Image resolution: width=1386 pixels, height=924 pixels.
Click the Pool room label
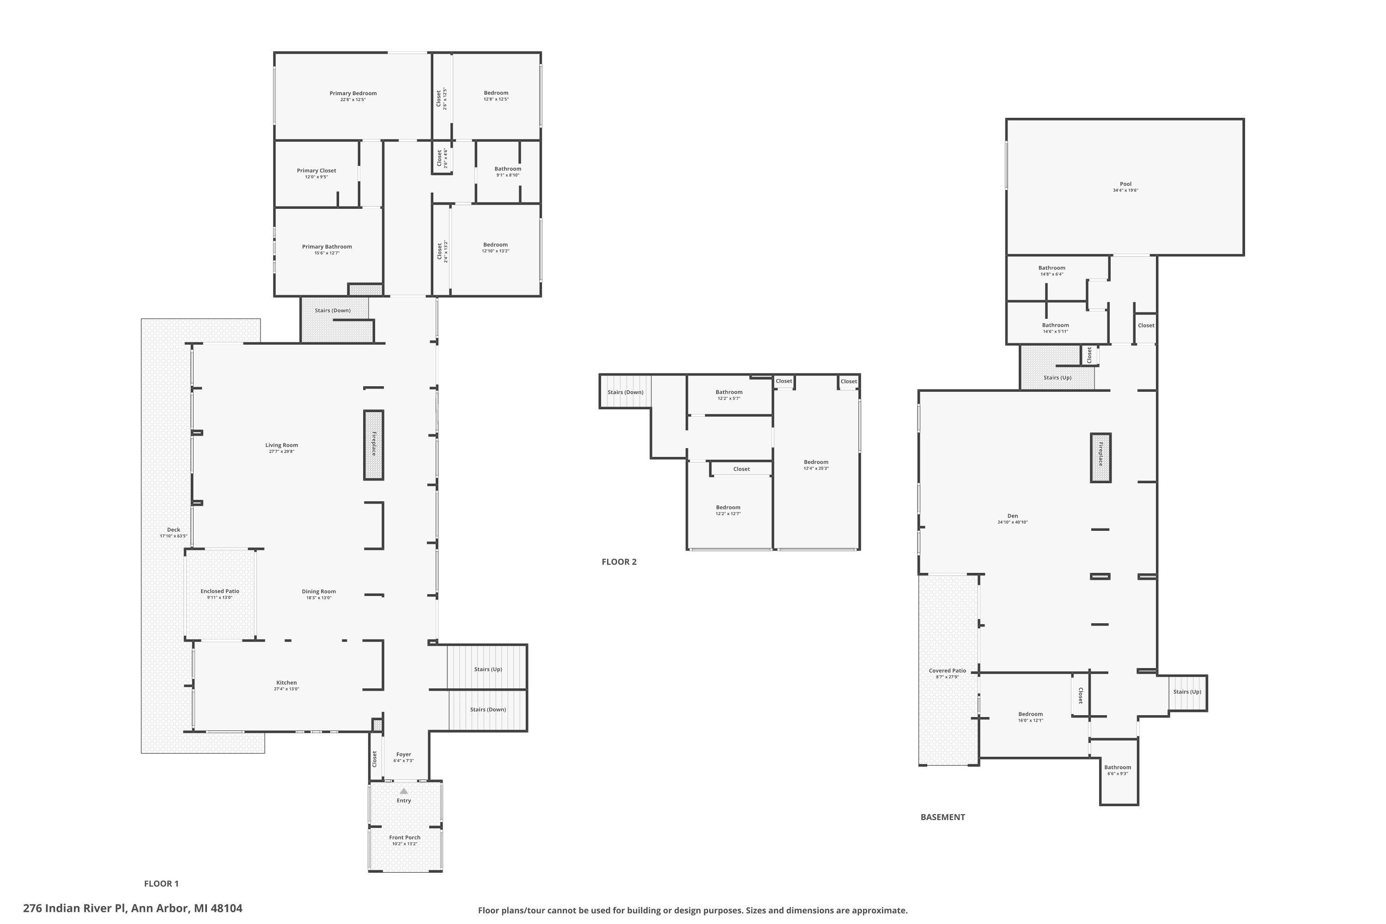tap(1125, 184)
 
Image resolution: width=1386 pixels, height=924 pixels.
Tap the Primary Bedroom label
tap(353, 93)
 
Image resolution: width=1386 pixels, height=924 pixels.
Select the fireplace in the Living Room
tap(373, 444)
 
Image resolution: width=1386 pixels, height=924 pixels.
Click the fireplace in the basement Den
tap(1100, 457)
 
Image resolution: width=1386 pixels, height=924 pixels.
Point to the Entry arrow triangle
tap(404, 791)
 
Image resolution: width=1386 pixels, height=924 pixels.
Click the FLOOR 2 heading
tap(619, 562)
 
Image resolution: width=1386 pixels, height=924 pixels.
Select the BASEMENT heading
tap(942, 817)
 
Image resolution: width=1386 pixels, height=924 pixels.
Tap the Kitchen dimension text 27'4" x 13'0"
tap(286, 689)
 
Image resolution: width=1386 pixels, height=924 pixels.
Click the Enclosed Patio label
tap(220, 591)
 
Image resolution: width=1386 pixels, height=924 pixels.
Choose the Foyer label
tap(404, 754)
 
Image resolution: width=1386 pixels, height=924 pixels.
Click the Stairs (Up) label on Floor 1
tap(488, 669)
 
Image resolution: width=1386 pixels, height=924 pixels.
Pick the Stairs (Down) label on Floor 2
tap(625, 392)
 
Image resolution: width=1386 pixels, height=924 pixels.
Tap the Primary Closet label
tap(316, 170)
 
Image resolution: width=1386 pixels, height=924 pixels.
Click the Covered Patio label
tap(947, 671)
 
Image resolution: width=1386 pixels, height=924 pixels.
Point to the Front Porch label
tap(405, 837)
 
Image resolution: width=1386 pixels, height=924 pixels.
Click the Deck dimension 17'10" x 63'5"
tap(173, 536)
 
